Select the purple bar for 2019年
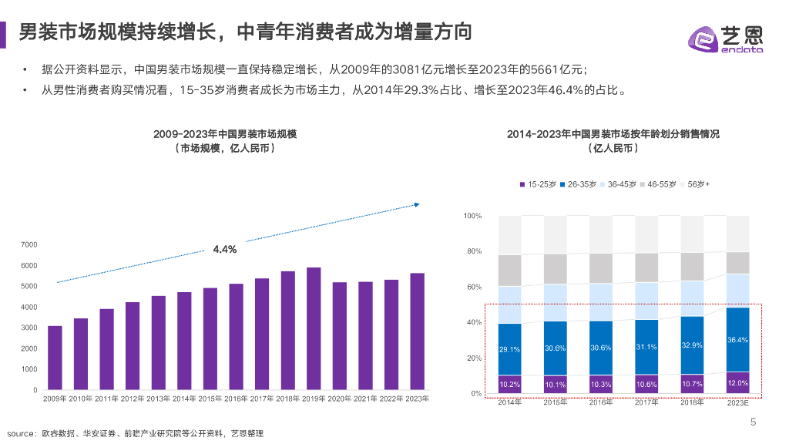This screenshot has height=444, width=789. (314, 328)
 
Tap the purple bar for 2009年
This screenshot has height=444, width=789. (55, 358)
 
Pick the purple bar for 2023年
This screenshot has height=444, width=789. (417, 331)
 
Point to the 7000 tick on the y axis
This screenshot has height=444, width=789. (29, 245)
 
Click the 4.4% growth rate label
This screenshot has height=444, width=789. (224, 250)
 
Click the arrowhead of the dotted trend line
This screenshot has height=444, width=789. (416, 204)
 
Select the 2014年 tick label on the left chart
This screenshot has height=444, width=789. (184, 399)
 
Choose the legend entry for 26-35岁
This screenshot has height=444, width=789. (582, 184)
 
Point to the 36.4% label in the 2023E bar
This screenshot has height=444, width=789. (737, 340)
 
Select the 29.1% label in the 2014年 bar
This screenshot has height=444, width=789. (509, 349)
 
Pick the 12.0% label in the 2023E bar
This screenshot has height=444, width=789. (737, 383)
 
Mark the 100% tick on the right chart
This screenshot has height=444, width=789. (472, 216)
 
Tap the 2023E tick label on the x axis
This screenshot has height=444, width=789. (737, 402)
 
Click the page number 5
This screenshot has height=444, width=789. (754, 422)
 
